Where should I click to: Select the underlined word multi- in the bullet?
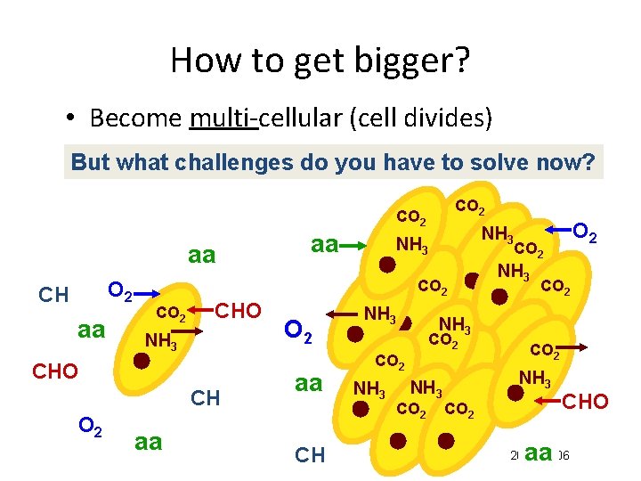coord(223,118)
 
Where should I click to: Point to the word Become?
coord(136,118)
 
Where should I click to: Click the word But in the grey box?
coord(89,162)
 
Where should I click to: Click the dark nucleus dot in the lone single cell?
coord(142,361)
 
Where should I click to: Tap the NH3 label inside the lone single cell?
coord(160,340)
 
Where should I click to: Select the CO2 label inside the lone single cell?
coord(171,314)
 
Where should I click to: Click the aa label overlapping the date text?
coord(539,454)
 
